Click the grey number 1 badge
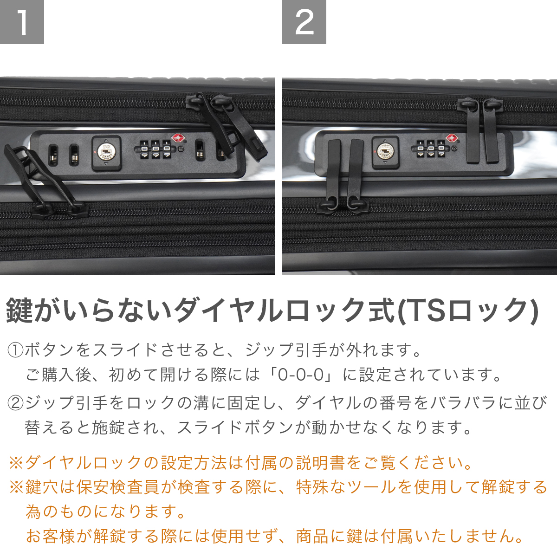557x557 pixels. pos(22,22)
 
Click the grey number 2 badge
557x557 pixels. pos(304,22)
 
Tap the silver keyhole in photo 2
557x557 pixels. pos(385,152)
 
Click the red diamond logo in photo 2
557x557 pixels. pos(450,138)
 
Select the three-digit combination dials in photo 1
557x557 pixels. pos(155,149)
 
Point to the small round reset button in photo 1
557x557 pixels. pos(181,149)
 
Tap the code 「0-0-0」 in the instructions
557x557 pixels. pos(301,375)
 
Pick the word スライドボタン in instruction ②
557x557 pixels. pos(235,428)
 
